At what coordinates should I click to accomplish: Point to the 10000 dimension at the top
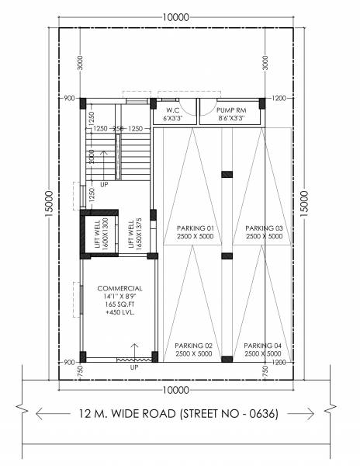pos(176,16)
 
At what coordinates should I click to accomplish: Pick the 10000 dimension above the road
pos(176,390)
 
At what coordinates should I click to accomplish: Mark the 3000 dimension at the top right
pos(266,63)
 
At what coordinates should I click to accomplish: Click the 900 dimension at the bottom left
pos(70,363)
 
